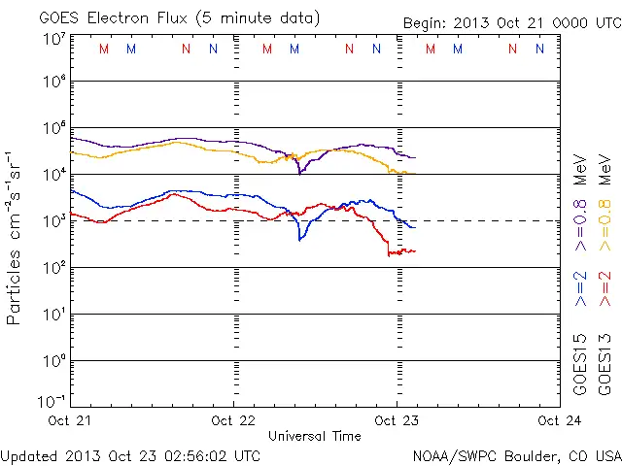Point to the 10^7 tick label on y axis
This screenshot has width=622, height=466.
(x=53, y=40)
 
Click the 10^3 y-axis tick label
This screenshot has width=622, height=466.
(x=53, y=220)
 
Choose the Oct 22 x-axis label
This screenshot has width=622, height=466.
(x=234, y=420)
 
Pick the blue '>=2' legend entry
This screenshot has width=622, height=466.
(x=580, y=286)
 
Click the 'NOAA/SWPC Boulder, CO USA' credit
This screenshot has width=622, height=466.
(x=516, y=454)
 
